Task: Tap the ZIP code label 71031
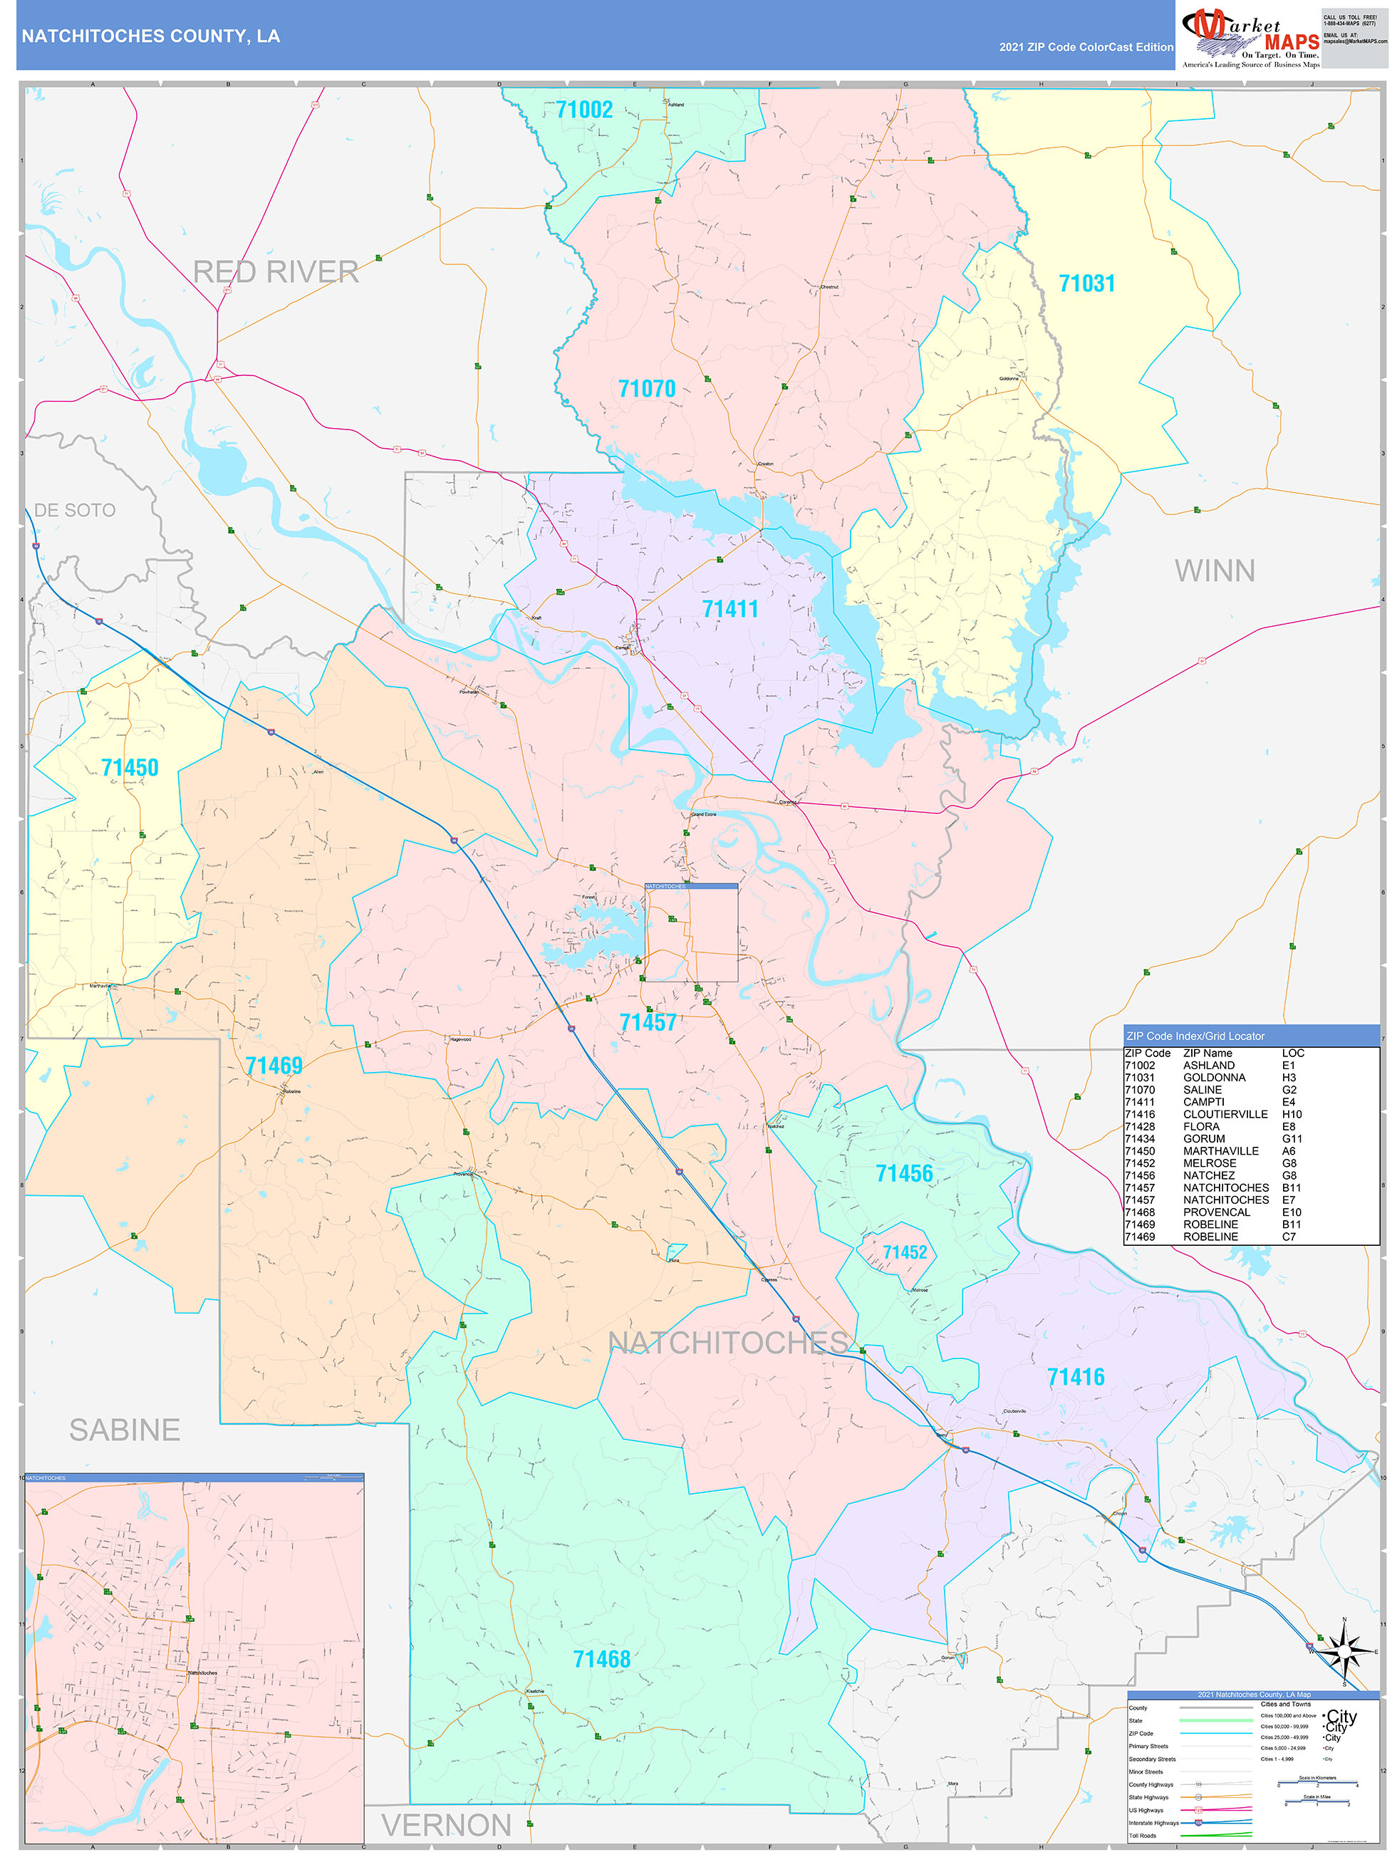point(1086,283)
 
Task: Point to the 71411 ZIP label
point(729,609)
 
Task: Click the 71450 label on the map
point(129,768)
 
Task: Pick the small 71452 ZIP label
point(905,1252)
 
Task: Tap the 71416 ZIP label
point(1076,1378)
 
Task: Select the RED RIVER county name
point(276,272)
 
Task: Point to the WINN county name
point(1214,571)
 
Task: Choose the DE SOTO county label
point(75,510)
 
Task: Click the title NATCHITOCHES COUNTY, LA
point(151,36)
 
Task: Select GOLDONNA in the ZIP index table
point(1214,1078)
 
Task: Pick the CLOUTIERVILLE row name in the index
point(1225,1114)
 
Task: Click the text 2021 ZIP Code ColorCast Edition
point(1086,47)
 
